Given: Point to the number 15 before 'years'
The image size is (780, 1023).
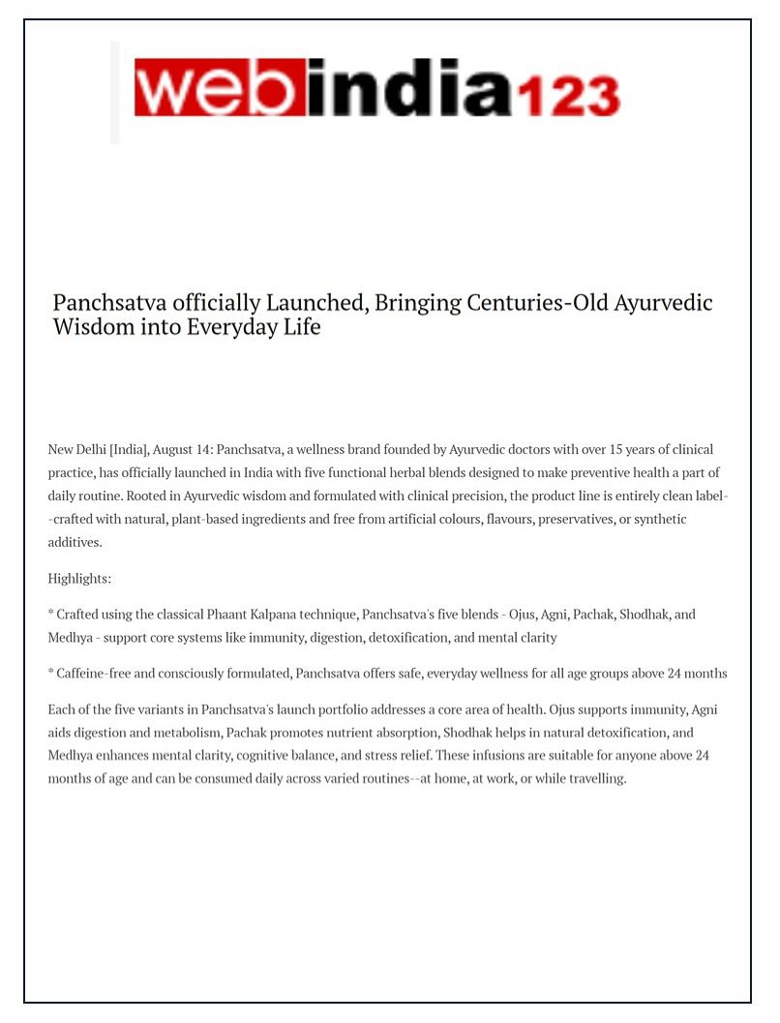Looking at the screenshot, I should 589,450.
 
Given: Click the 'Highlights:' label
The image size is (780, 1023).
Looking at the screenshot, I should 79,579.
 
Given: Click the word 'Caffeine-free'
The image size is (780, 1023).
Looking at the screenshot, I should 96,674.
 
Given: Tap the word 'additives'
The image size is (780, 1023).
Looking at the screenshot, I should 75,543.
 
